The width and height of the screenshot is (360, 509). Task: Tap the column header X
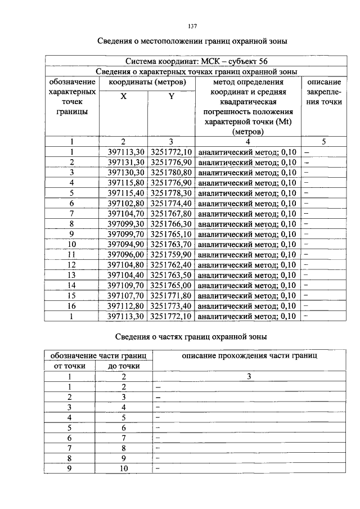[x=124, y=96]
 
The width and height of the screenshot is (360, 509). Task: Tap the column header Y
[x=172, y=96]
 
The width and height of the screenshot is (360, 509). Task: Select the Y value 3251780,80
[x=172, y=172]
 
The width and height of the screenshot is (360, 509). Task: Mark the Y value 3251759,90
[x=172, y=254]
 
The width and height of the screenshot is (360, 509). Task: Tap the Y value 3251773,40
[x=172, y=306]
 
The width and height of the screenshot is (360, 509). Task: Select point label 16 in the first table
[x=72, y=306]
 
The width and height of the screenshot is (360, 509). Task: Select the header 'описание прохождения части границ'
[x=249, y=356]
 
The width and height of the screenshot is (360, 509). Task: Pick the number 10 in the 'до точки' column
[x=124, y=469]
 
